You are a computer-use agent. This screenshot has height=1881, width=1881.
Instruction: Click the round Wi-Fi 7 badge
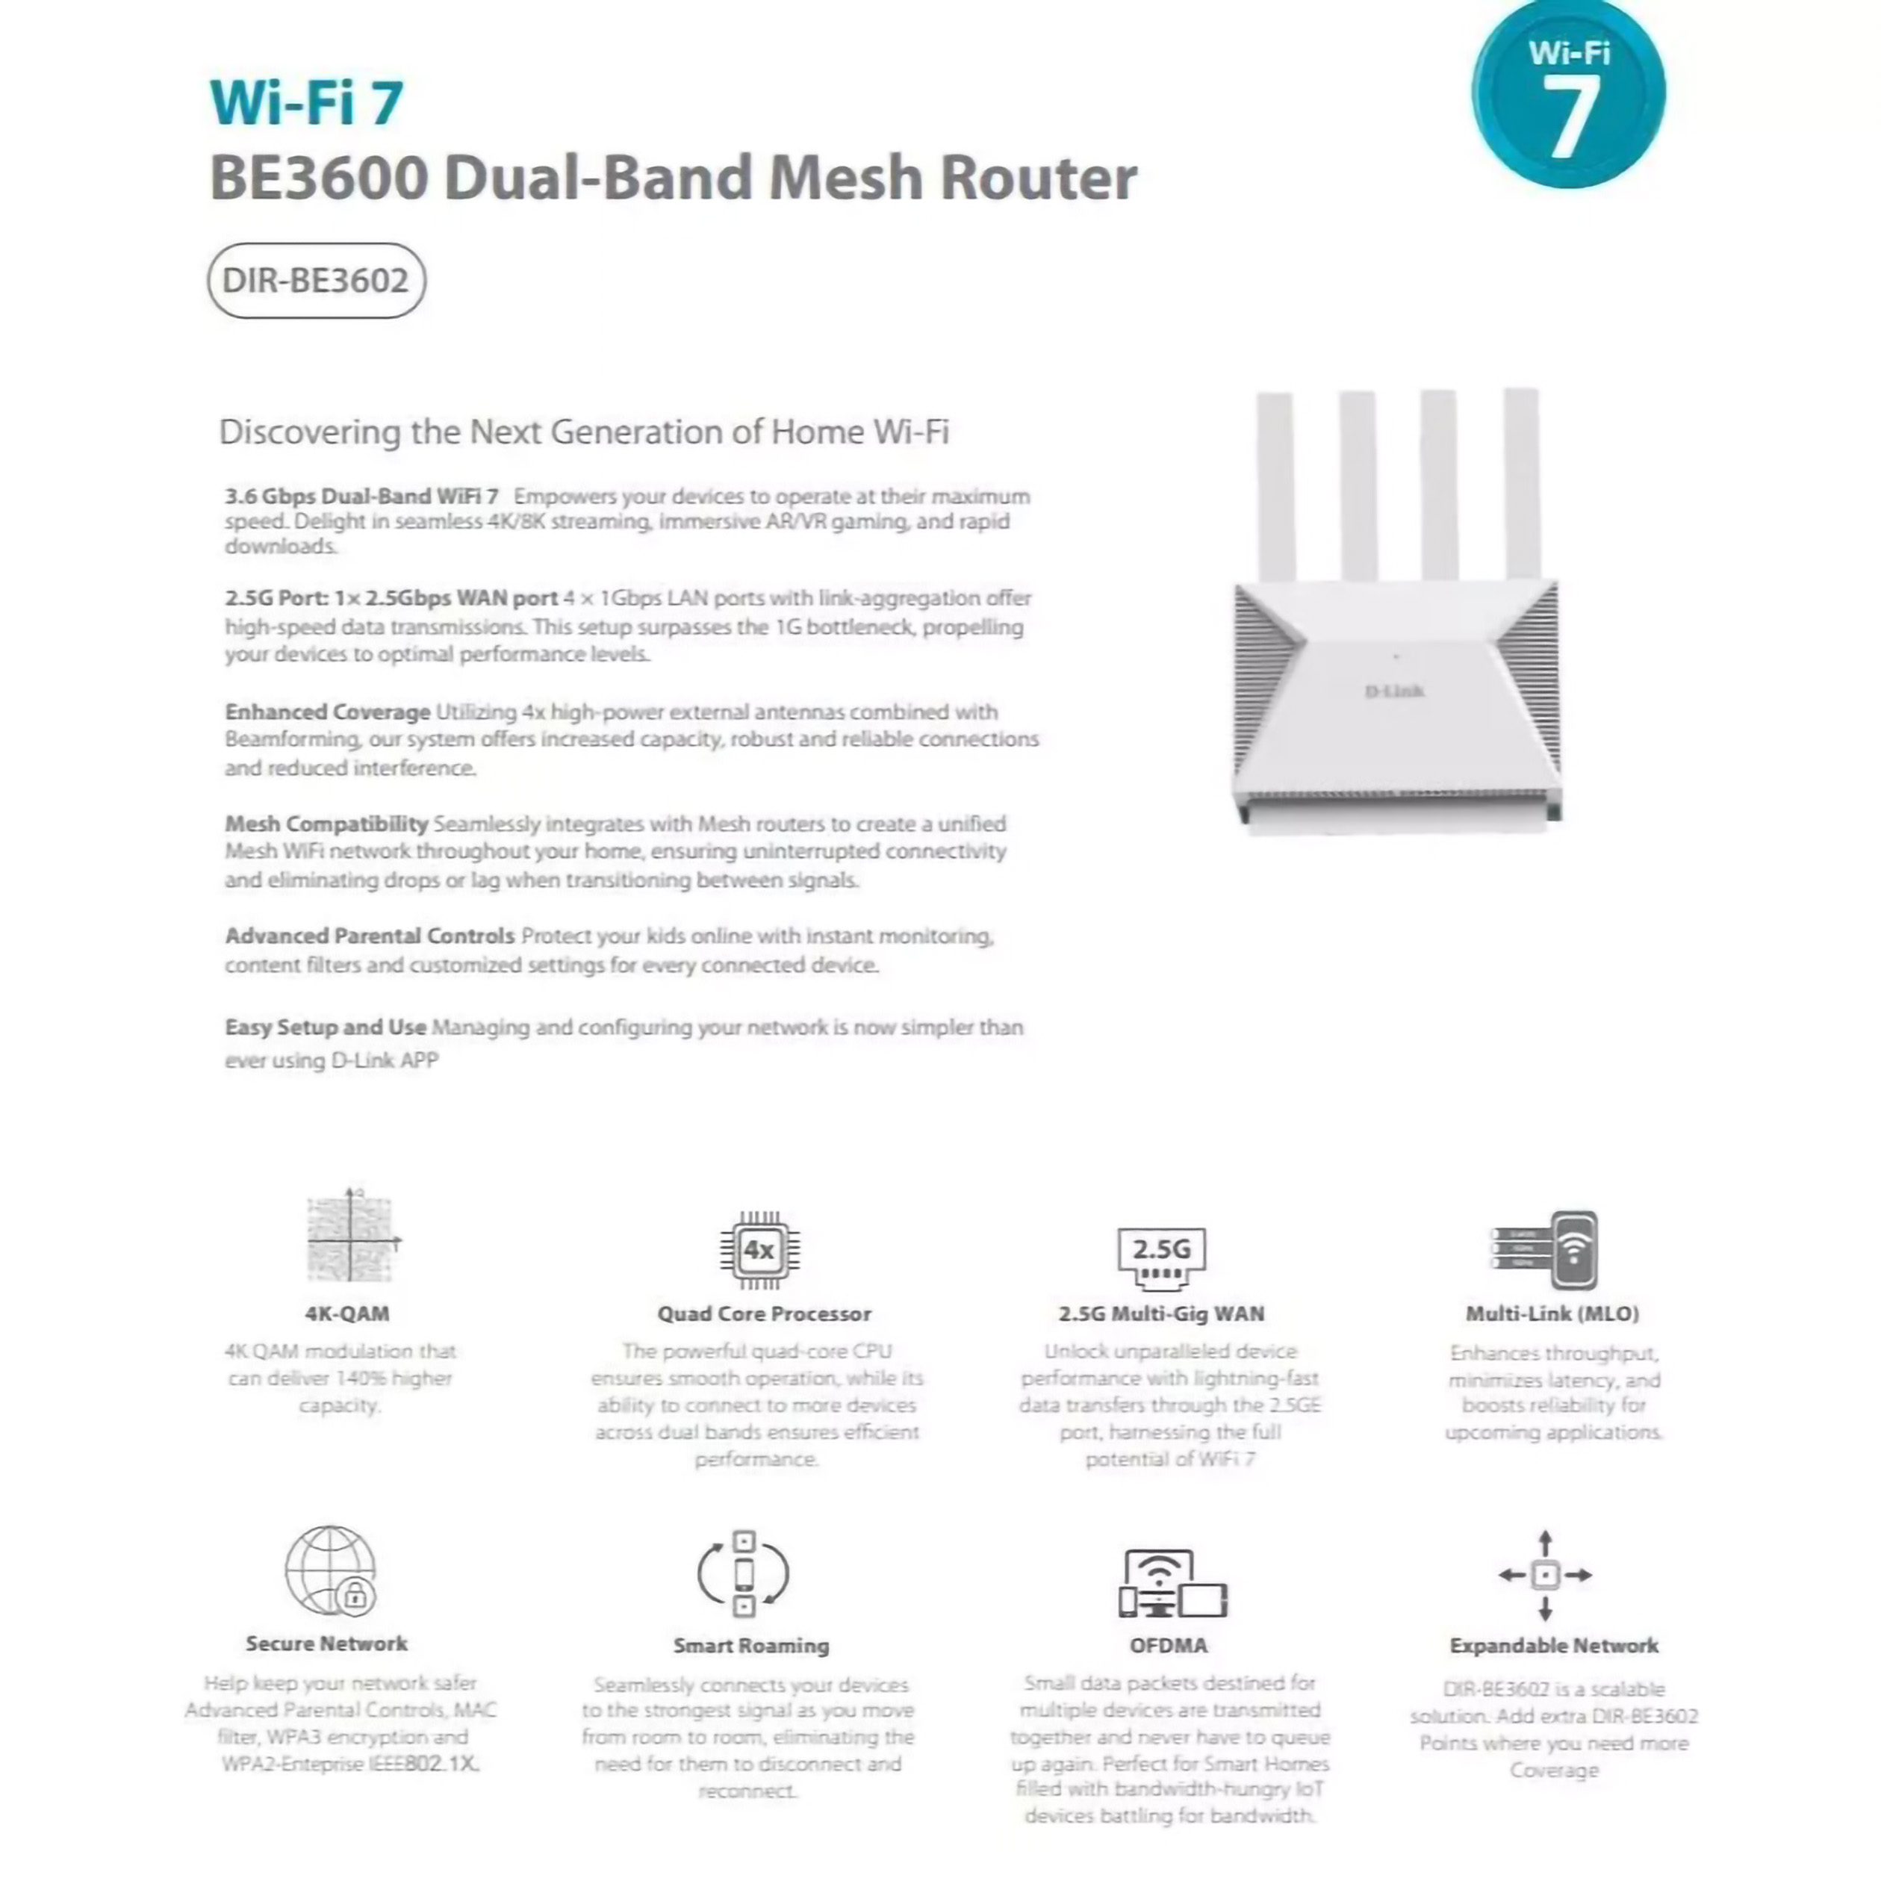[1567, 94]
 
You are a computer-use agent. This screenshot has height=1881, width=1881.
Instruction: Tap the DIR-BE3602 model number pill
[317, 281]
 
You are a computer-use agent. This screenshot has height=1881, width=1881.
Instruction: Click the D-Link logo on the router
[1393, 691]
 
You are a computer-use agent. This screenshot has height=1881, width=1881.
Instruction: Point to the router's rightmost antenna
[1521, 483]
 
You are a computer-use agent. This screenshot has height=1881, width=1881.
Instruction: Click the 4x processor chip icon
[759, 1250]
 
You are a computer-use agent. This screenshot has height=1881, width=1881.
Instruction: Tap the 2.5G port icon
[1160, 1257]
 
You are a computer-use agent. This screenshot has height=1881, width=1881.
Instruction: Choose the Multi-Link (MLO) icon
[1546, 1250]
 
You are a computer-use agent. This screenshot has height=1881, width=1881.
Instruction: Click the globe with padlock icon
[331, 1570]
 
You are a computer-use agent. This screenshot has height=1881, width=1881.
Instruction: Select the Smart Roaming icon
[744, 1573]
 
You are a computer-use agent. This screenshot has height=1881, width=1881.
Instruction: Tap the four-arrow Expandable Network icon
[1545, 1574]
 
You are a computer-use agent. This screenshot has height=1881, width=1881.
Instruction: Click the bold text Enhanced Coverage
[327, 712]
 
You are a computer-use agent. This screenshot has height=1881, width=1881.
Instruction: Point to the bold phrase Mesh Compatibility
[326, 824]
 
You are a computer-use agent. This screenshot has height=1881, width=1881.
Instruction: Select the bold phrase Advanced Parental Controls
[369, 936]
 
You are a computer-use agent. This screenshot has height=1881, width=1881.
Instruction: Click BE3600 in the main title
[318, 178]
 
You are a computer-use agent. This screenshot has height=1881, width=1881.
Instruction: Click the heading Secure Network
[326, 1644]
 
